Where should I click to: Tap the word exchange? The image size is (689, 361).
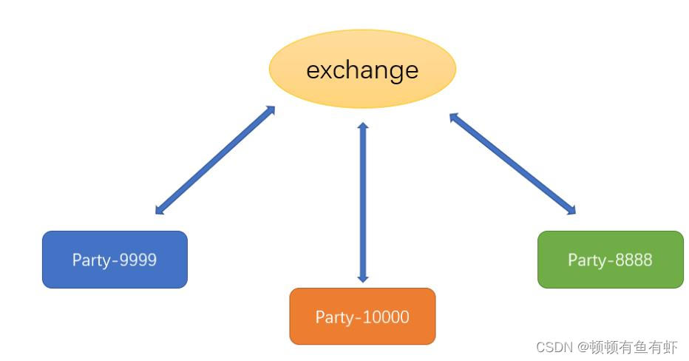pyautogui.click(x=362, y=70)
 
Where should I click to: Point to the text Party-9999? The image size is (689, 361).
pyautogui.click(x=115, y=260)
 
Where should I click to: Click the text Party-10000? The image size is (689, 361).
pyautogui.click(x=362, y=317)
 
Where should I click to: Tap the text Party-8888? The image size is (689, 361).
pyautogui.click(x=610, y=260)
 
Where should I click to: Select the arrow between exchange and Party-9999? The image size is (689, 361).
pyautogui.click(x=215, y=160)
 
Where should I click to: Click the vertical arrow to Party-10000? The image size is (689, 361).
pyautogui.click(x=362, y=202)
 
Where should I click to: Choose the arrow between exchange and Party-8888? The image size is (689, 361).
pyautogui.click(x=512, y=163)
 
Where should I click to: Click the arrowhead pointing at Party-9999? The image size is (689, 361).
pyautogui.click(x=159, y=211)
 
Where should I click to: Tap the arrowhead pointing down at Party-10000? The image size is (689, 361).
pyautogui.click(x=362, y=278)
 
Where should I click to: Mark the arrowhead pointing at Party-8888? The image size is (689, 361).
pyautogui.click(x=571, y=210)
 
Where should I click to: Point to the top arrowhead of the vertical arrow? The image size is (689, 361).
pyautogui.click(x=362, y=126)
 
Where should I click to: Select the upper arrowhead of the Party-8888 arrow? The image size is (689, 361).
pyautogui.click(x=453, y=116)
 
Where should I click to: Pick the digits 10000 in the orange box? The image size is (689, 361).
pyautogui.click(x=384, y=317)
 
